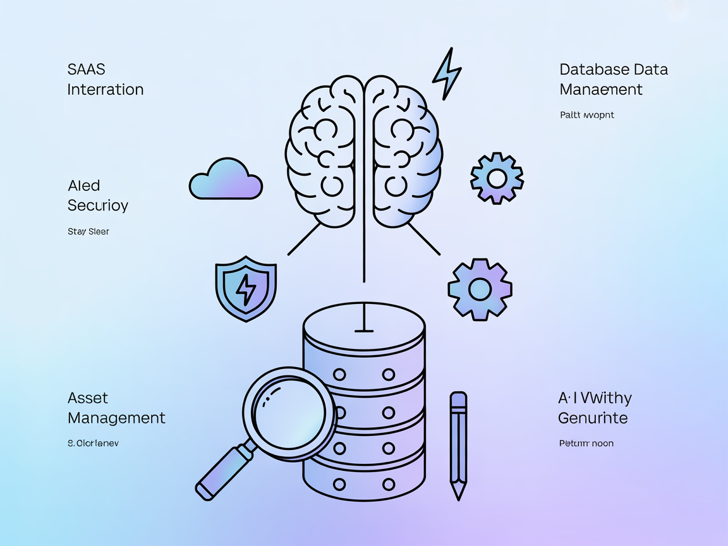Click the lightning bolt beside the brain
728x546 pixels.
coord(447,73)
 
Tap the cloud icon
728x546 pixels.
coord(226,181)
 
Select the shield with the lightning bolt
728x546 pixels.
coord(245,288)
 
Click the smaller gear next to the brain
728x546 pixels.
coord(497,178)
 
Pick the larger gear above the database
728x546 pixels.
coord(480,288)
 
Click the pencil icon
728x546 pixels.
coord(458,442)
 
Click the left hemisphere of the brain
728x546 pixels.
coord(324,152)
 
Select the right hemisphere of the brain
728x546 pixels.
coord(404,152)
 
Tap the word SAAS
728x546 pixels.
coord(87,69)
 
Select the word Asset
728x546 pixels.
coord(88,398)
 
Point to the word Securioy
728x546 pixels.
coord(98,205)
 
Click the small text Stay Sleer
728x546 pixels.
coord(88,232)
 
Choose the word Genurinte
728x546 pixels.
coord(593,418)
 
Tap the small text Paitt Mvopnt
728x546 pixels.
coord(586,115)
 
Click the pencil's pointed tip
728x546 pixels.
coord(458,495)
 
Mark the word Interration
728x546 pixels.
coord(106,89)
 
